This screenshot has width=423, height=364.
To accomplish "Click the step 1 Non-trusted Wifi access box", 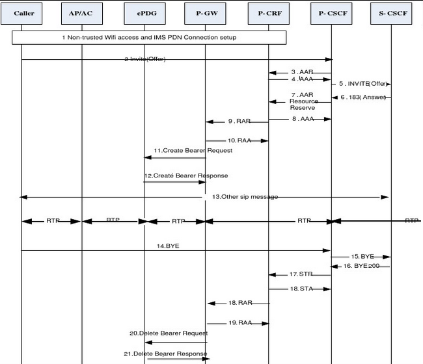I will pyautogui.click(x=150, y=38).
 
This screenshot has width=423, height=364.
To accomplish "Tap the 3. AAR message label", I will pyautogui.click(x=302, y=71).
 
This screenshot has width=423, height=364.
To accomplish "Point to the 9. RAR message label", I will pyautogui.click(x=239, y=121).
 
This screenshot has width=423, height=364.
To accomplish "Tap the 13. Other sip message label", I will pyautogui.click(x=241, y=196).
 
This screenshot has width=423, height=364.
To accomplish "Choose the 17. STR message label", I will pyautogui.click(x=301, y=274).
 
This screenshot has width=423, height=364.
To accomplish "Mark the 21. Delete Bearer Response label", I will pyautogui.click(x=169, y=354).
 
